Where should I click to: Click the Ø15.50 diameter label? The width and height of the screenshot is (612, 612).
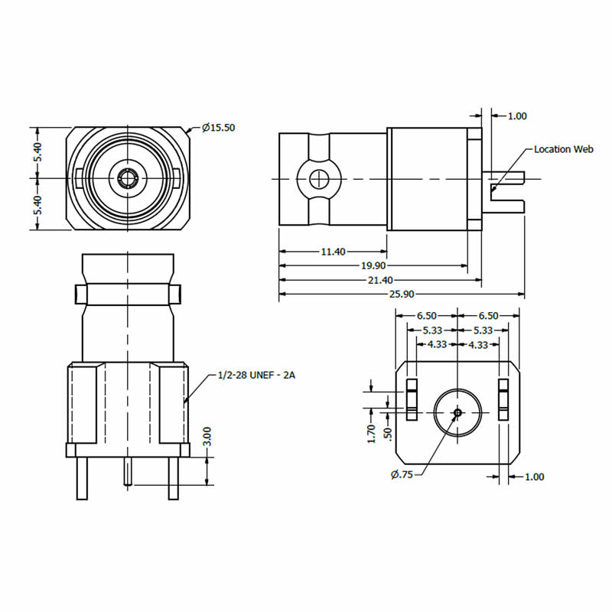[218, 128]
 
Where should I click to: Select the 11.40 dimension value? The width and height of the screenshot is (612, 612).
[333, 251]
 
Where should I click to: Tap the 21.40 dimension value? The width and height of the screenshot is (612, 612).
[380, 280]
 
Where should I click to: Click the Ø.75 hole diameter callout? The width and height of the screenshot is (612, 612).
[402, 475]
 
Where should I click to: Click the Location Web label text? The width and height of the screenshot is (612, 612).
[564, 149]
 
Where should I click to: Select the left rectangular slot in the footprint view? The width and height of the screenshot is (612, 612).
[411, 399]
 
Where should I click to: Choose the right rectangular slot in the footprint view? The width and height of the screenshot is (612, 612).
[503, 399]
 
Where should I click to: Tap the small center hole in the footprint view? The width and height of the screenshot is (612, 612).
[457, 413]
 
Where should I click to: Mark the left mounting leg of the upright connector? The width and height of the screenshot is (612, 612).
[82, 478]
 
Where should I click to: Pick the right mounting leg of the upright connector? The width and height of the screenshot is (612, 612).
[174, 478]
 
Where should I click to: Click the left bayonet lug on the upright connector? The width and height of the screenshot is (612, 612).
[80, 294]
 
